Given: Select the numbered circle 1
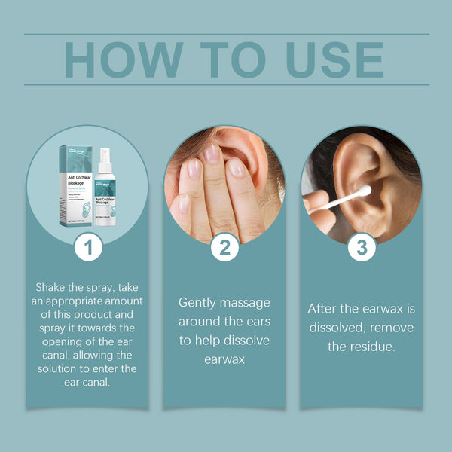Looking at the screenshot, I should click(88, 246).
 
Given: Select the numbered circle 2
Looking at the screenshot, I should click(224, 246).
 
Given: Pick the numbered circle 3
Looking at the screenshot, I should click(362, 246).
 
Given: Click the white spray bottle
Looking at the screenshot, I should click(105, 192).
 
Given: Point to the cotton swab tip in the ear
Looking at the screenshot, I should click(364, 192).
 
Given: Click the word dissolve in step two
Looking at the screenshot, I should click(245, 341).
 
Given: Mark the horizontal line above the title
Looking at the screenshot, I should click(226, 34).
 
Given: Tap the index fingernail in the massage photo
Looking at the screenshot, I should click(212, 156).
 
